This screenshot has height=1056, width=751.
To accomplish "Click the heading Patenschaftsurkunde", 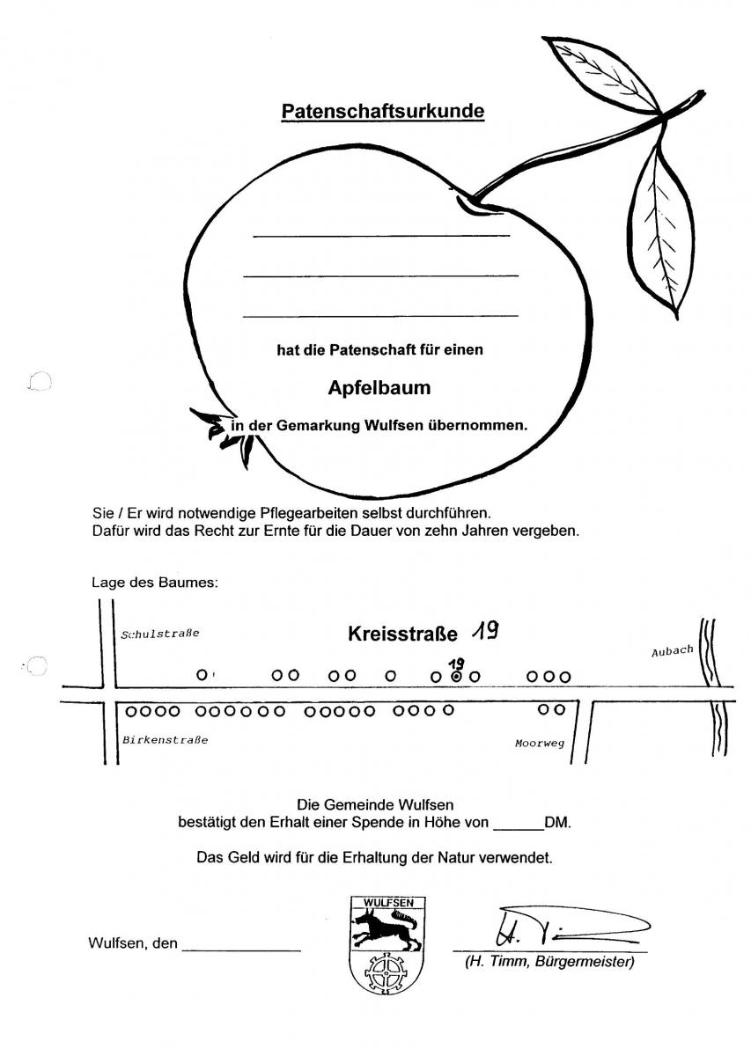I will tap(383, 112).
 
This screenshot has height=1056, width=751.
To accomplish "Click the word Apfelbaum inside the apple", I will tap(379, 387).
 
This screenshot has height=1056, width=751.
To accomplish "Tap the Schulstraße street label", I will tap(160, 633).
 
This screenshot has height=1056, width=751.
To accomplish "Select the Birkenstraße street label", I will tap(165, 740).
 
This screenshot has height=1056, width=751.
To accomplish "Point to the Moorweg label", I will tap(539, 744).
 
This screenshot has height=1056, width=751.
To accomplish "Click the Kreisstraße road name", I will tap(403, 634).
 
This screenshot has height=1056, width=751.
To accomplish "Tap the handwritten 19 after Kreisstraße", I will tap(485, 629).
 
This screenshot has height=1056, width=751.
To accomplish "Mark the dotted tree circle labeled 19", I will tap(456, 677).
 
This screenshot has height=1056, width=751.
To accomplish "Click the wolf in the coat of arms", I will tap(386, 928).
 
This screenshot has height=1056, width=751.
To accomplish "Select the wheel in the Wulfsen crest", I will tap(386, 972).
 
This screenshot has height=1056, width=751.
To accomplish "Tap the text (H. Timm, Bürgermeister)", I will tap(549, 962).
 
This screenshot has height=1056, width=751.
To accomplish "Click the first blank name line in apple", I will tap(380, 235).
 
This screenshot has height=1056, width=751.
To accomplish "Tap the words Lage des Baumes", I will tap(153, 582).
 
